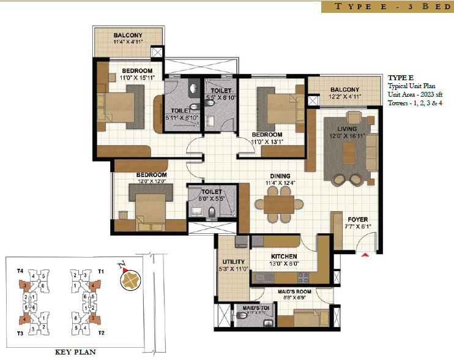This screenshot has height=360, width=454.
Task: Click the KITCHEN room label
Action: pos(285,256)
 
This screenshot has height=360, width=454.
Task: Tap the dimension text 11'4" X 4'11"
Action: pos(127,42)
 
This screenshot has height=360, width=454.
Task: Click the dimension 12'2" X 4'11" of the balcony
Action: pos(344,97)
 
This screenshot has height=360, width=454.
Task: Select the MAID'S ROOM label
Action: pos(294,291)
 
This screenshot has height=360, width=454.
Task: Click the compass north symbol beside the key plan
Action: pos(130,279)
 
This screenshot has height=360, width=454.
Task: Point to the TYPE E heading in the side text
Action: pos(401,78)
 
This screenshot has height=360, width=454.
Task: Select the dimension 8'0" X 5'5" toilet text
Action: pos(211,198)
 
